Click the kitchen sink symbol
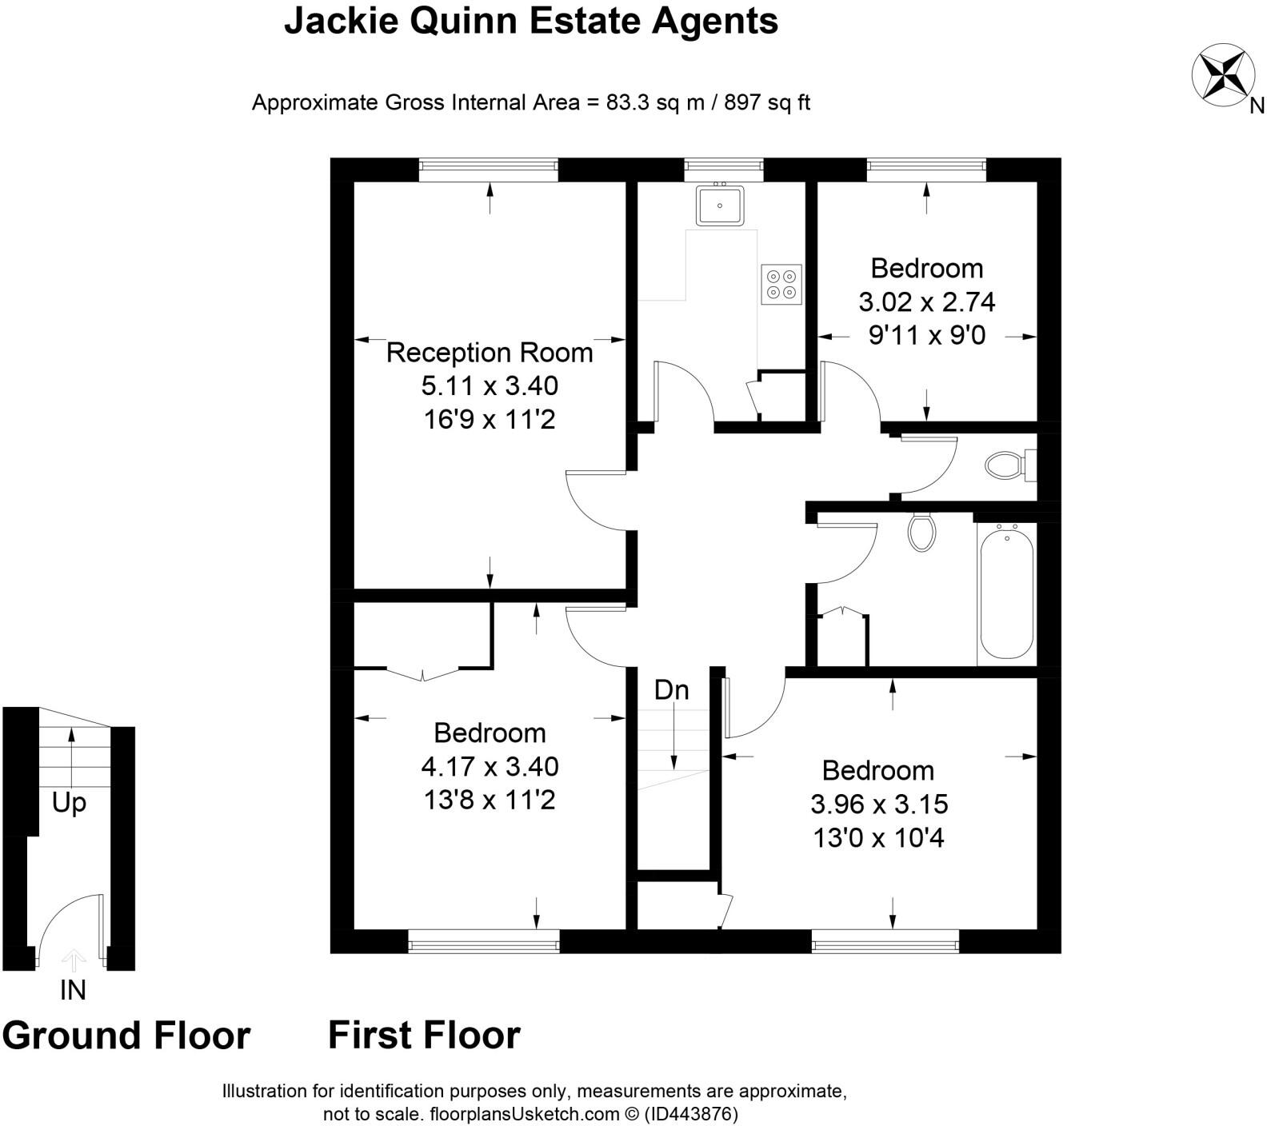point(720,206)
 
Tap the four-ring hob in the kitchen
point(781,284)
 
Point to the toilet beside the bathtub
point(922,532)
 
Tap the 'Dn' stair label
point(671,690)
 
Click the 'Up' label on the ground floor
point(69,802)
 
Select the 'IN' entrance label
point(73,990)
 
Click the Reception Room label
point(490,353)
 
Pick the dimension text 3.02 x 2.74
point(926,302)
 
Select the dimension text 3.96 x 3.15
point(879,804)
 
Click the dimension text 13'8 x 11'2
point(490,800)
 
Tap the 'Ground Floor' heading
point(126,1035)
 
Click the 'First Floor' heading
point(424,1035)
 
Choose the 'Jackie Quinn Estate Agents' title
point(531,22)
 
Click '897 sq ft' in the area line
point(767,102)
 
